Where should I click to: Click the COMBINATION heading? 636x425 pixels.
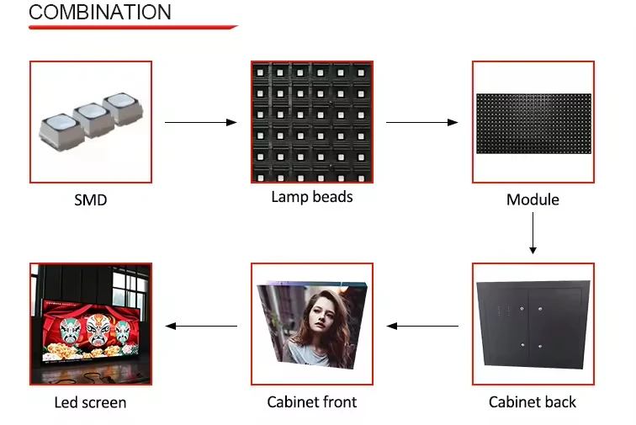click(100, 12)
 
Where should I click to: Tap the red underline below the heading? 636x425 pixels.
click(133, 28)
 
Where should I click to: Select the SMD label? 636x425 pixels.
click(91, 200)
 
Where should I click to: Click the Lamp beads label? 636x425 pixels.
click(312, 197)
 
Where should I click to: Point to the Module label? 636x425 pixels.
click(533, 200)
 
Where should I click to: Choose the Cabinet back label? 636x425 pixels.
click(533, 401)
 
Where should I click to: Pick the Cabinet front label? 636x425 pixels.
click(312, 401)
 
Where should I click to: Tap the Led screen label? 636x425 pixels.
click(90, 402)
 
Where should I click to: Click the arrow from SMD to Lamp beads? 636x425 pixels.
click(201, 123)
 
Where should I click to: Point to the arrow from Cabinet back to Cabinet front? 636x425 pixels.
click(422, 326)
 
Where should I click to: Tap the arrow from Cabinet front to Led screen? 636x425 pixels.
click(201, 326)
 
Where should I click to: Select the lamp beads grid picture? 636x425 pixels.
click(312, 122)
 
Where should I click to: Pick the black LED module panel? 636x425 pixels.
click(533, 123)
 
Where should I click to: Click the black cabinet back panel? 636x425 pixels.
click(533, 325)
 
